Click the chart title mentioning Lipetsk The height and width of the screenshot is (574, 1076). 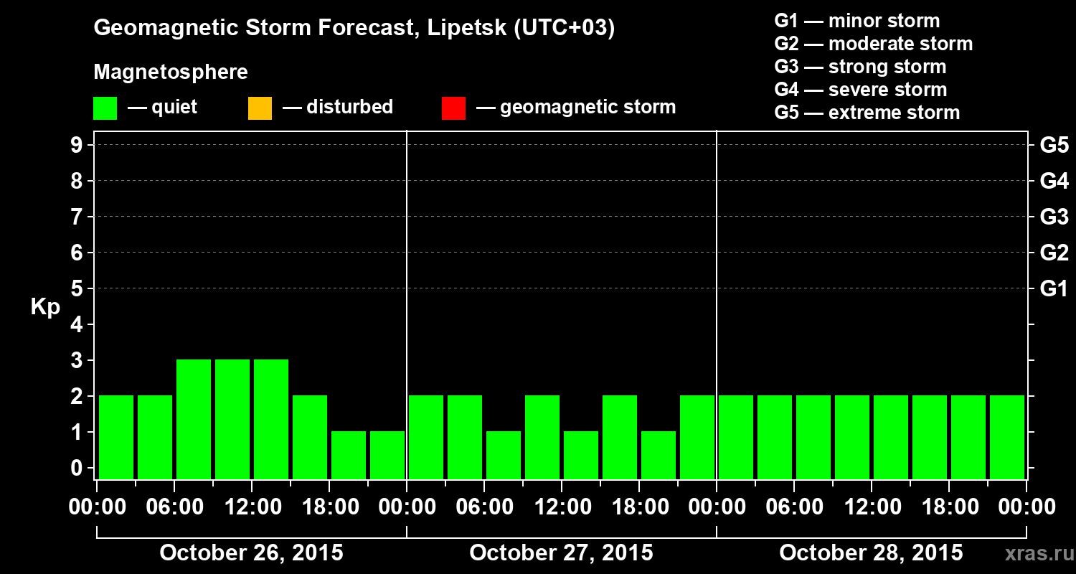pyautogui.click(x=354, y=29)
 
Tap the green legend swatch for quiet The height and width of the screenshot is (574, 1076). pyautogui.click(x=105, y=108)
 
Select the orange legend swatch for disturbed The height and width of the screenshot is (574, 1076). pyautogui.click(x=260, y=108)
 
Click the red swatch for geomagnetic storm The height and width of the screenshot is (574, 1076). pyautogui.click(x=453, y=108)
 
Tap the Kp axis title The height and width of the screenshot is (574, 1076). pyautogui.click(x=45, y=307)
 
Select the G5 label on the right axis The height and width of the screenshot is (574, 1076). pyautogui.click(x=1054, y=145)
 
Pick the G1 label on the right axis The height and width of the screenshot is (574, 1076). pyautogui.click(x=1054, y=288)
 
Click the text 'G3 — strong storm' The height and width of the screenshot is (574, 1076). pyautogui.click(x=860, y=67)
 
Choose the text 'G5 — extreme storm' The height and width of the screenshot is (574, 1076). pyautogui.click(x=867, y=113)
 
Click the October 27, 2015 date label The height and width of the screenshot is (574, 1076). pyautogui.click(x=561, y=552)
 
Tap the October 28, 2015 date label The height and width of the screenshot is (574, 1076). pyautogui.click(x=871, y=552)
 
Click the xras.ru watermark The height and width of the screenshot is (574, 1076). pyautogui.click(x=1036, y=553)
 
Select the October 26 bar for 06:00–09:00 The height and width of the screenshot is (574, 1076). pyautogui.click(x=194, y=419)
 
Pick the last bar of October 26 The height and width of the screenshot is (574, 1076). pyautogui.click(x=387, y=455)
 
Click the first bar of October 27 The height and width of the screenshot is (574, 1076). pyautogui.click(x=426, y=437)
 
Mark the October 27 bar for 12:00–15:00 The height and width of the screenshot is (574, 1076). pyautogui.click(x=581, y=455)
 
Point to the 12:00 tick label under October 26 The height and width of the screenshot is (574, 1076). pyautogui.click(x=252, y=507)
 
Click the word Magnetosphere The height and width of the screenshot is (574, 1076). pyautogui.click(x=171, y=72)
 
